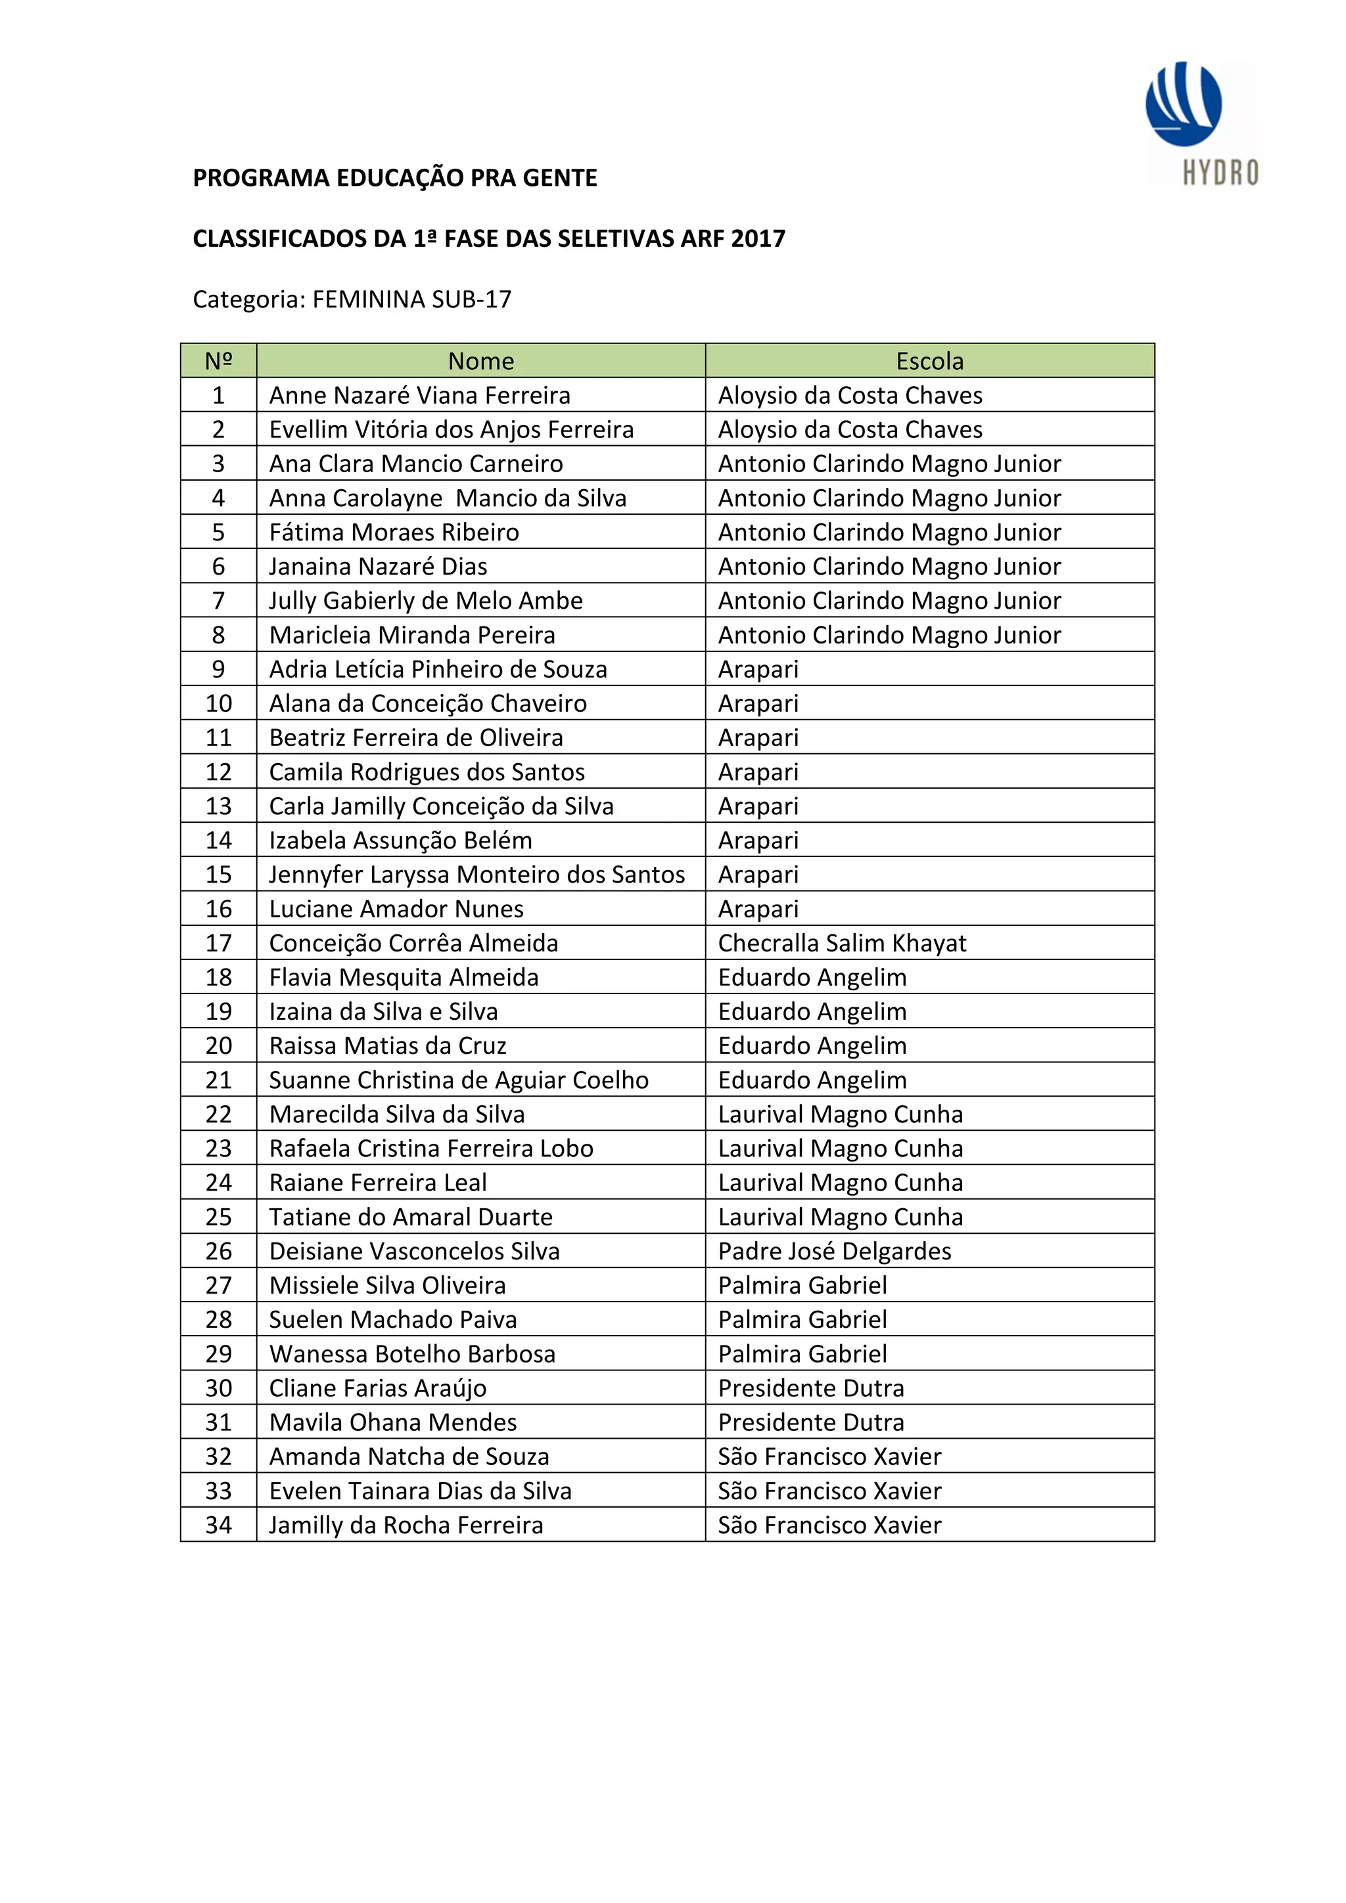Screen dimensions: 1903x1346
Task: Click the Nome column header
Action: coord(480,361)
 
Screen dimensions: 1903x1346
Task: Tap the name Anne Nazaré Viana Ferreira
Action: coord(420,395)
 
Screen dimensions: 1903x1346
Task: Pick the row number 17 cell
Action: coord(218,943)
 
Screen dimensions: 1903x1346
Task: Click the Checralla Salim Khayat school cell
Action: coord(842,943)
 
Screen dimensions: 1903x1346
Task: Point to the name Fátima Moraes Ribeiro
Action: coord(394,532)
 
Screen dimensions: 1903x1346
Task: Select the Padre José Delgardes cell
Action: coord(834,1251)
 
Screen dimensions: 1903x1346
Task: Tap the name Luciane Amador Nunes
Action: coord(396,909)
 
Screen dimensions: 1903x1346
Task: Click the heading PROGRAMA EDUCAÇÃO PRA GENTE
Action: coord(395,178)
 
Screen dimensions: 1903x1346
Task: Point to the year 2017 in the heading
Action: coord(758,239)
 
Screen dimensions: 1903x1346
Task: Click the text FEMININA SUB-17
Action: coord(411,299)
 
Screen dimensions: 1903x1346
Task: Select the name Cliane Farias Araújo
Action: coord(377,1388)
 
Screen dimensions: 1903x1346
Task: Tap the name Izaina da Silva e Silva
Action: coord(383,1011)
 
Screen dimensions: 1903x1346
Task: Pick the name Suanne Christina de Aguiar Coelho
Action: coord(459,1080)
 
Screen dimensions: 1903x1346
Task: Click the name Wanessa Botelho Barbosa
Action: coord(412,1353)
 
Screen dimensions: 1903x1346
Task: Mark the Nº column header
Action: coord(218,361)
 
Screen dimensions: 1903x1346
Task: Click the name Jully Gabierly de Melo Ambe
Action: coord(425,601)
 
